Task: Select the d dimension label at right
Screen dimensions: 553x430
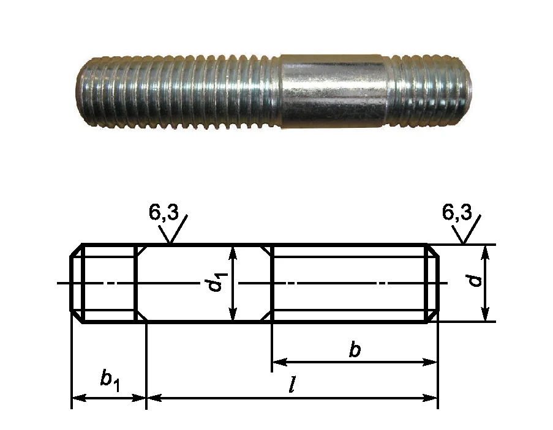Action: [476, 281]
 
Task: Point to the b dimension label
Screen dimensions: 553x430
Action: [355, 350]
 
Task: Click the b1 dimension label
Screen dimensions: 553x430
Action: [110, 382]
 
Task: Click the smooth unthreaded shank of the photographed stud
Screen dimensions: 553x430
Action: [334, 91]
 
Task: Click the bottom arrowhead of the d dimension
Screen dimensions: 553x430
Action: [486, 314]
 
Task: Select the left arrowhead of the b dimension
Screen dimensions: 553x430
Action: [279, 362]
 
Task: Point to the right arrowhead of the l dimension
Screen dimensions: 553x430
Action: [430, 398]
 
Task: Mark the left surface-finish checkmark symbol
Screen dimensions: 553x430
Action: [173, 229]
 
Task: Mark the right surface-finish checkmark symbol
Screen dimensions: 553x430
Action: [466, 229]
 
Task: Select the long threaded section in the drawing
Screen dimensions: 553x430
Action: [355, 283]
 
